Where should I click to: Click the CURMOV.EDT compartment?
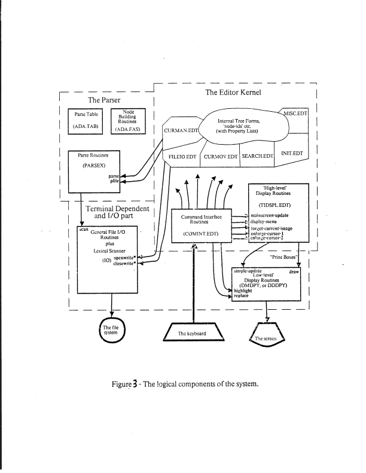[x=219, y=156]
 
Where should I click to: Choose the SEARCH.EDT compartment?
[x=257, y=156]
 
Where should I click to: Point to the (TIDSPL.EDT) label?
[x=277, y=203]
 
